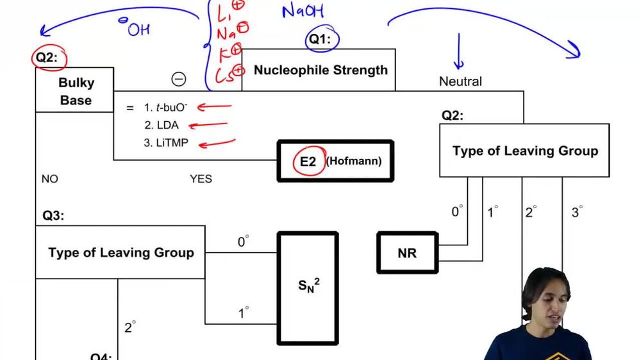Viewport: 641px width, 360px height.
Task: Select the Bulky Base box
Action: click(x=75, y=91)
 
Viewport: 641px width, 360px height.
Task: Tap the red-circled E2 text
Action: click(x=308, y=161)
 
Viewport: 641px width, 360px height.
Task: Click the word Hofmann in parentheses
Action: click(x=354, y=161)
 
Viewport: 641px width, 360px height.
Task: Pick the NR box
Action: click(x=407, y=253)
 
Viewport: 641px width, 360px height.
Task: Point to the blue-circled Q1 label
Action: click(x=320, y=39)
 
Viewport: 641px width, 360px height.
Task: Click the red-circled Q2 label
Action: click(x=47, y=58)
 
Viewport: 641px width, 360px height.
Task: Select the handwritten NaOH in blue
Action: click(x=303, y=11)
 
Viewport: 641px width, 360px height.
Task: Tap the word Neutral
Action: click(x=460, y=81)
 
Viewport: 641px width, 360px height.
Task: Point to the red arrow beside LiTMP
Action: click(x=217, y=143)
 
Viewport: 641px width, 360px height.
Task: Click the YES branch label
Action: click(x=201, y=179)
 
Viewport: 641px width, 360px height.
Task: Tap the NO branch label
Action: click(x=49, y=179)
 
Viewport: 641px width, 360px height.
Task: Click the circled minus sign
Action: click(x=179, y=79)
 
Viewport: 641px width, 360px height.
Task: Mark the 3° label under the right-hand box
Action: click(x=576, y=212)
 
